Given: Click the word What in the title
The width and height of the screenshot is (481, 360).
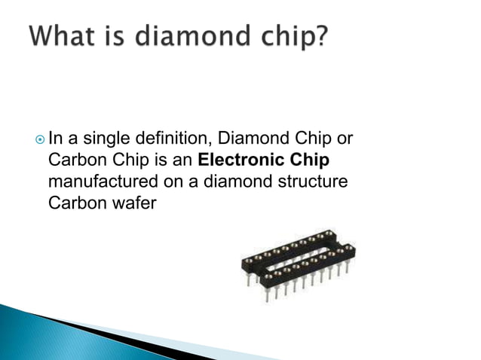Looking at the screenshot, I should [x=66, y=35].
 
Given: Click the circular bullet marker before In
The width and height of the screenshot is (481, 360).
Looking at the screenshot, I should [x=39, y=139].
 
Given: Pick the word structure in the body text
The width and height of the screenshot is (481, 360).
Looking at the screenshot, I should [x=310, y=182].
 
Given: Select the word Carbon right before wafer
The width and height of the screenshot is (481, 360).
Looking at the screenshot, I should [x=72, y=203].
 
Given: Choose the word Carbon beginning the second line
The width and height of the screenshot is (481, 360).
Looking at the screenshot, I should [x=72, y=160].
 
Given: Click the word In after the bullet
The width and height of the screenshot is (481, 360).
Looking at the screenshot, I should [x=55, y=139].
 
